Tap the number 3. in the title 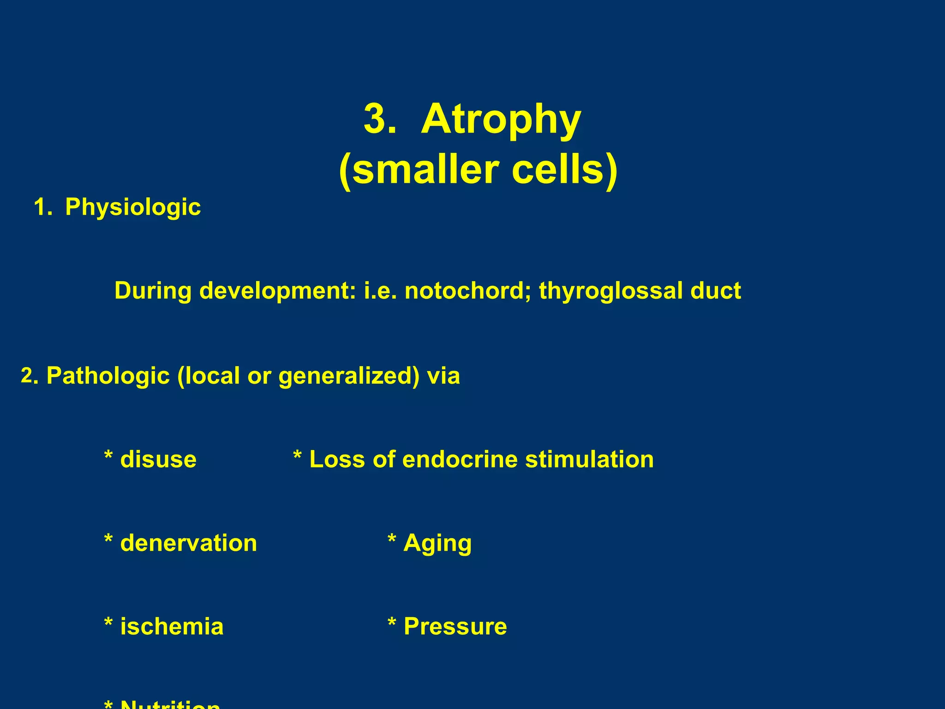coord(380,119)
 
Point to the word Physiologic coord(133,207)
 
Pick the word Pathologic coord(108,376)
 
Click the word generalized coord(349,376)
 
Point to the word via coord(443,376)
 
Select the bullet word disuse coord(158,460)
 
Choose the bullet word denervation coord(188,543)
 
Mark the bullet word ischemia coord(172,627)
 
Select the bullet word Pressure coord(455,627)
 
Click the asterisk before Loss coord(298,457)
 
